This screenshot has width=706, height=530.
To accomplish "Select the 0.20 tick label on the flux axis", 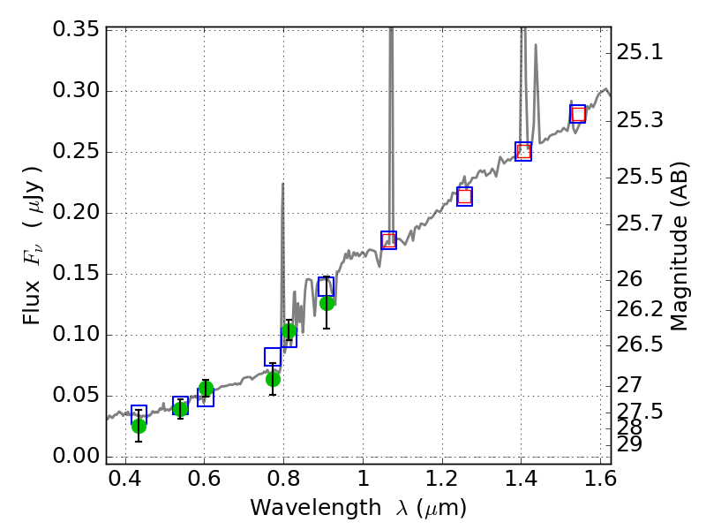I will point(76,213).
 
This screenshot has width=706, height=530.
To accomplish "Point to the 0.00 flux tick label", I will point(76,456).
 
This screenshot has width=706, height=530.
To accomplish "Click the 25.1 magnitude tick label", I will point(641,52).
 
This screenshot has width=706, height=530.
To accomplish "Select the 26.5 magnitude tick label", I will point(641,344).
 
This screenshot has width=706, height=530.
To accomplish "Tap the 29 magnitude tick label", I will point(632,443).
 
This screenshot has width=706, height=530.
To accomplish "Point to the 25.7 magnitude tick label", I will point(641,223).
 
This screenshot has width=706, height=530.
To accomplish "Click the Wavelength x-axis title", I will point(357,508).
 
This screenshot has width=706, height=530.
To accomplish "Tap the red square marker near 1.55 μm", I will point(578,114).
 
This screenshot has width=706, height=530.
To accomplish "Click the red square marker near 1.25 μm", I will point(464,196).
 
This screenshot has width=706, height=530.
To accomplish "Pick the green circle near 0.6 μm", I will point(206,389).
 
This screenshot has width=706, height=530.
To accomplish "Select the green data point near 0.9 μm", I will point(327,303).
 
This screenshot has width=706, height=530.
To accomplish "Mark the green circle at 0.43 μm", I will point(139,426).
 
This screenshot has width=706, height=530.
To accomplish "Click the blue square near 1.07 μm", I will point(388,240).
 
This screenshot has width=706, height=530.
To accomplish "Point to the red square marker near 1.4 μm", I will point(523,151).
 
